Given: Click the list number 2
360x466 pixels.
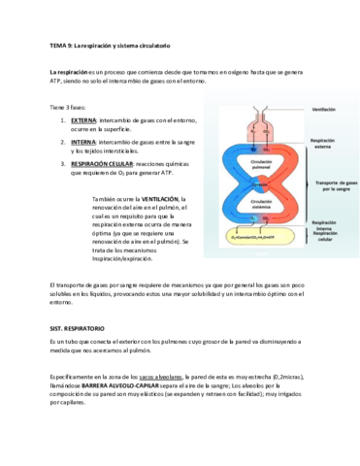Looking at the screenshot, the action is pos(64,142).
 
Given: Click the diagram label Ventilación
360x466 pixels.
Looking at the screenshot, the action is pos(323,110).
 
